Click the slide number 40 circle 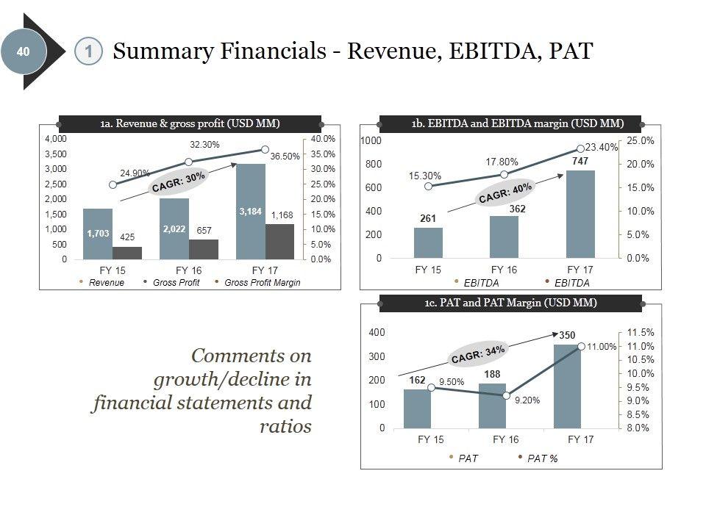23,51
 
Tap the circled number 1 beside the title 88,51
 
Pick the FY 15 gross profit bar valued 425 127,252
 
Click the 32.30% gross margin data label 205,145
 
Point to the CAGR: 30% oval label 178,181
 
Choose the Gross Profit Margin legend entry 262,283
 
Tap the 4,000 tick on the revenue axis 56,139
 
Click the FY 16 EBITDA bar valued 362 504,237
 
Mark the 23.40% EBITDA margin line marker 580,149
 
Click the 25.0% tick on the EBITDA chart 640,140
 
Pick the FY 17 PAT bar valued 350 567,386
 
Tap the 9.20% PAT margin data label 527,400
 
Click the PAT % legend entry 542,458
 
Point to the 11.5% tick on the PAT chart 639,333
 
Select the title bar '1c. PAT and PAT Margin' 510,303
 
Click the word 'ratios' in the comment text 286,426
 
